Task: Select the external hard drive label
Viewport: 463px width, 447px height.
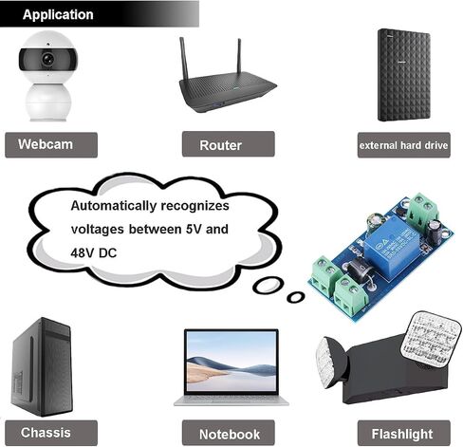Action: pyautogui.click(x=403, y=145)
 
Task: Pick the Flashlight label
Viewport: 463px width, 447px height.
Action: pyautogui.click(x=403, y=433)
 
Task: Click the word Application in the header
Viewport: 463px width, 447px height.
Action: pyautogui.click(x=58, y=14)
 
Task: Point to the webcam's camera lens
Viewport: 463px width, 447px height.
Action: pyautogui.click(x=48, y=59)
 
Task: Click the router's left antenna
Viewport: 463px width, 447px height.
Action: pyautogui.click(x=184, y=59)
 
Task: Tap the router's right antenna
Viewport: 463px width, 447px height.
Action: pyautogui.click(x=239, y=57)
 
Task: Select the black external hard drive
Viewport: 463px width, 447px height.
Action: pyautogui.click(x=404, y=75)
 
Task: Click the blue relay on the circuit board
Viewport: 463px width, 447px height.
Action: pyautogui.click(x=390, y=247)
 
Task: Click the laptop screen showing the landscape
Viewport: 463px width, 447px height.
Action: pyautogui.click(x=231, y=362)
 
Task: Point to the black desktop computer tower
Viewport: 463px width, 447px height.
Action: pyautogui.click(x=42, y=366)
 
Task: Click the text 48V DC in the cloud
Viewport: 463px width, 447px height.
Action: pyautogui.click(x=94, y=253)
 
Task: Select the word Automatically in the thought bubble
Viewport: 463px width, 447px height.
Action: pyautogui.click(x=114, y=206)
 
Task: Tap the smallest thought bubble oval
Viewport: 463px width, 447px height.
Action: pyautogui.click(x=296, y=297)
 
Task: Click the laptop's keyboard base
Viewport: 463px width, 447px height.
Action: pyautogui.click(x=231, y=400)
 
